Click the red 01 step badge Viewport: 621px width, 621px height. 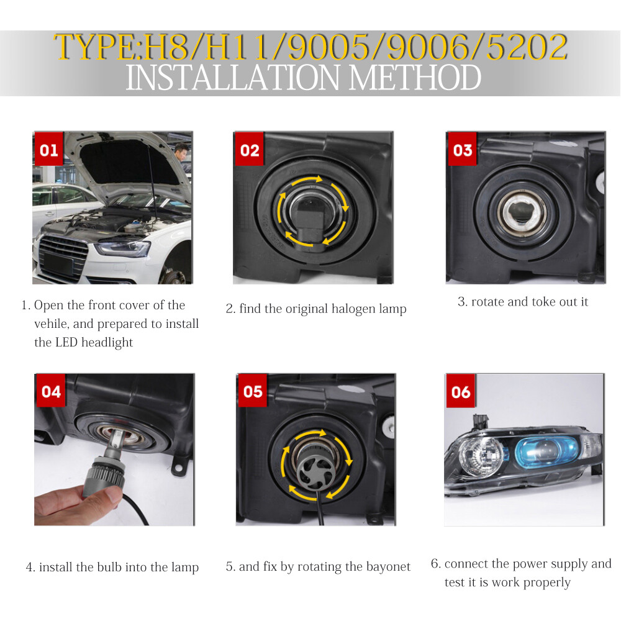[x=48, y=149]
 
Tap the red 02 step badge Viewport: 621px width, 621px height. [x=250, y=149]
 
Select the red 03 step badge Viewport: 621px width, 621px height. [x=462, y=149]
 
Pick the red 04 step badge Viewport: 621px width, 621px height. [x=51, y=391]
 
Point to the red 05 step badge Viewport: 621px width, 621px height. [x=253, y=391]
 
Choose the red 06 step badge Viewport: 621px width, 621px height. [x=461, y=391]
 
